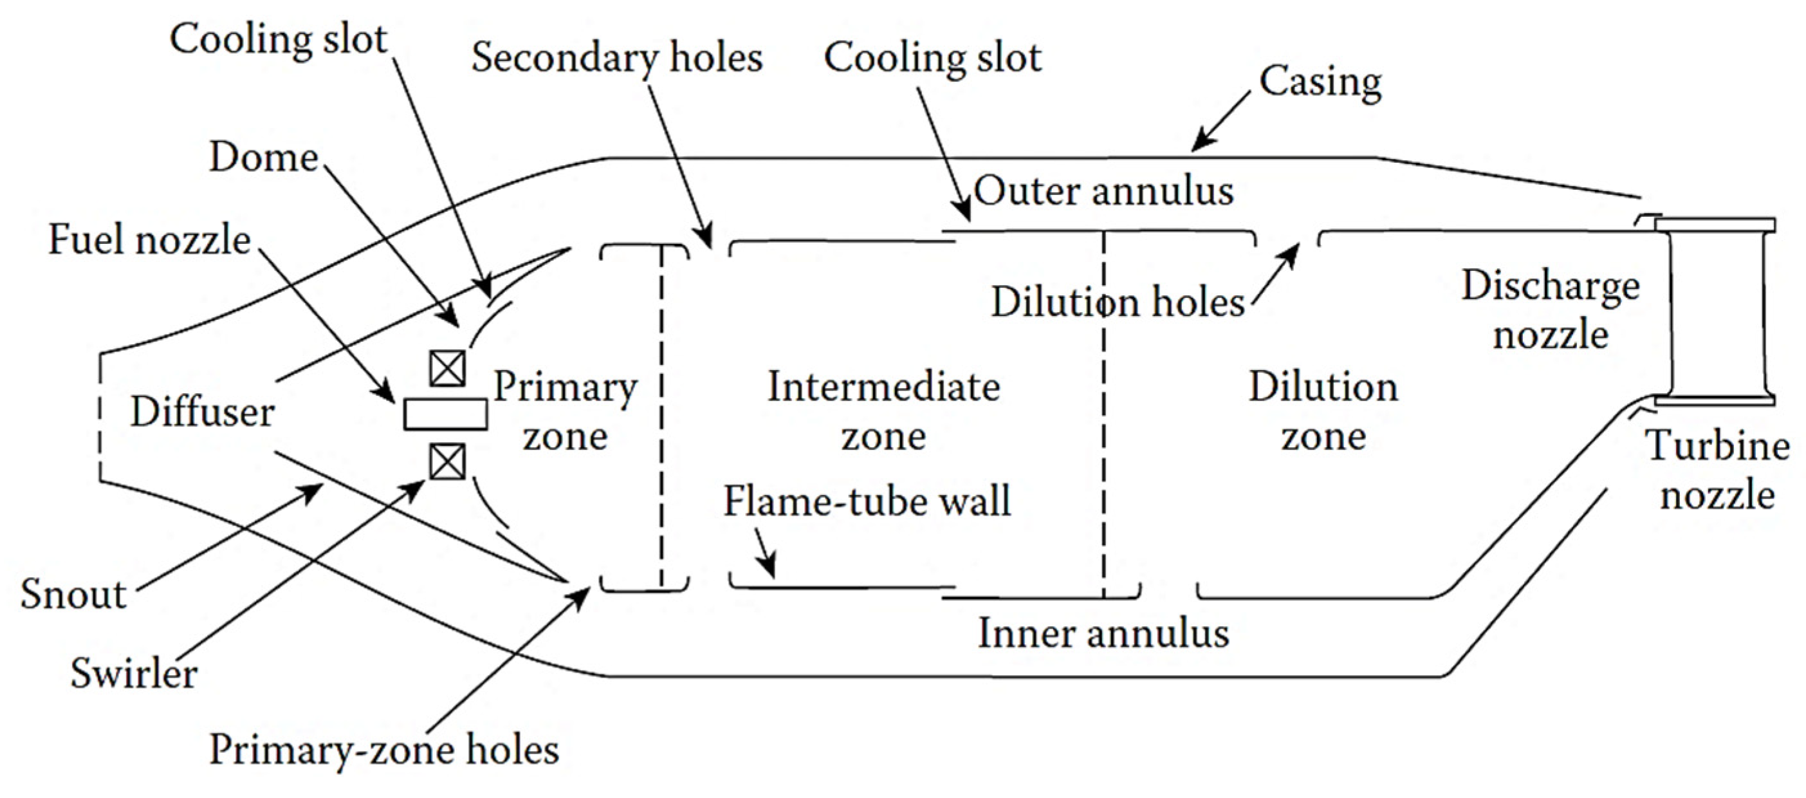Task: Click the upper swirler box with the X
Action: point(447,367)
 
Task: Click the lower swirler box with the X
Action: point(447,461)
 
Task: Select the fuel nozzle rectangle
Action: point(445,414)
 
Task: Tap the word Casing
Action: point(1320,82)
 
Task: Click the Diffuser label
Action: point(202,412)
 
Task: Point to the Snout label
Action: point(73,595)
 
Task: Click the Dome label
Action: point(264,156)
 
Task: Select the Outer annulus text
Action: point(1103,190)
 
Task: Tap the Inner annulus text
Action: point(1103,633)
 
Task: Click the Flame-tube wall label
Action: point(867,501)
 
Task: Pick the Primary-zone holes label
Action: point(384,750)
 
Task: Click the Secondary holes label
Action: point(617,57)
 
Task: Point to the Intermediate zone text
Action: point(883,410)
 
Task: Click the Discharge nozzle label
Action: point(1551,310)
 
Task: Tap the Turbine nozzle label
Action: point(1718,470)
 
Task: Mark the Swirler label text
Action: point(133,673)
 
